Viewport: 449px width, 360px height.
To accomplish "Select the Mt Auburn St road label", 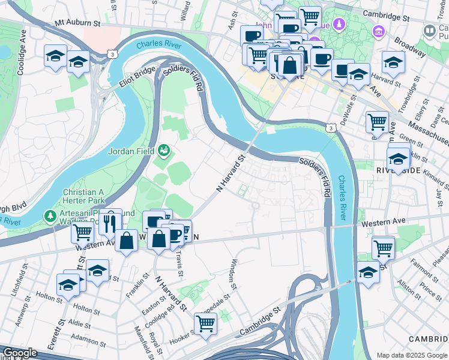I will click(x=77, y=23).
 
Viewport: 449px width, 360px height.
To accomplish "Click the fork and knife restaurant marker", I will click(x=109, y=224).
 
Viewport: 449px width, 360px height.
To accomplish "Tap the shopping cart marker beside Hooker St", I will click(x=205, y=323).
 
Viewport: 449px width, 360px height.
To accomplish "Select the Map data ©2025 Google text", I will click(x=411, y=355).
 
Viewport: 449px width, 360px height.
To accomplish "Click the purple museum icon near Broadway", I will click(x=379, y=31).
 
